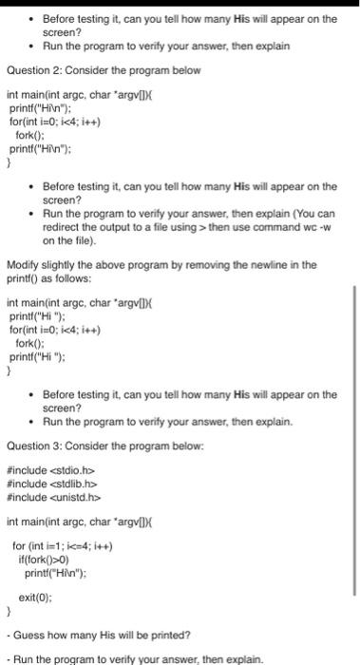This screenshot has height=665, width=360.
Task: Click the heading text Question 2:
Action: point(34,70)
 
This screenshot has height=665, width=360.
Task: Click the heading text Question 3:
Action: point(34,443)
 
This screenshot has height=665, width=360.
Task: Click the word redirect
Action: point(63,227)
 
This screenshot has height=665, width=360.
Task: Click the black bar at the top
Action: point(180,3)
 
